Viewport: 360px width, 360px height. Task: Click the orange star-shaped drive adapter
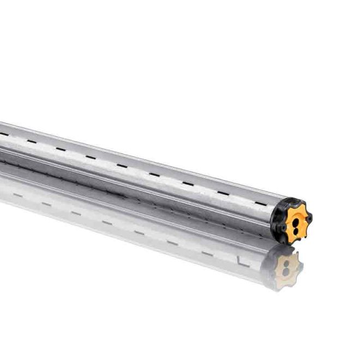[295, 220]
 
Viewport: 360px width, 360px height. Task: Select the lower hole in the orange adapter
[295, 230]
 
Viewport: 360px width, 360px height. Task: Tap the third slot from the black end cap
[187, 183]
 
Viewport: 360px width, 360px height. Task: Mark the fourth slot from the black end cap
[154, 175]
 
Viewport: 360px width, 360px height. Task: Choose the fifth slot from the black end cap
[121, 166]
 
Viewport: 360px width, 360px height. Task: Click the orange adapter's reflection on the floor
[287, 269]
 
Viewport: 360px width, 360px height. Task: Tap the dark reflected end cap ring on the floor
[269, 273]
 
